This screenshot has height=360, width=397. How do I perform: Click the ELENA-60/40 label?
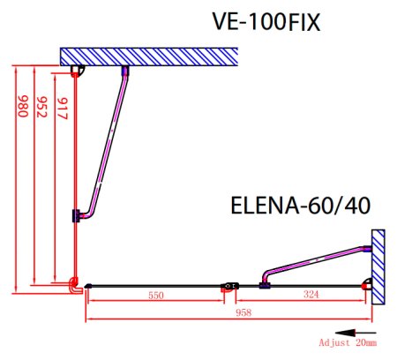[300, 206]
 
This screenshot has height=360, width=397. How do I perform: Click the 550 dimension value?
[157, 296]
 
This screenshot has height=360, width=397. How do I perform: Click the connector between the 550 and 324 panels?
[230, 285]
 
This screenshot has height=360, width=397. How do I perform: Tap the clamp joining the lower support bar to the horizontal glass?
[264, 284]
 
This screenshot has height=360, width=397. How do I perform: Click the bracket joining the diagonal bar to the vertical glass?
[78, 214]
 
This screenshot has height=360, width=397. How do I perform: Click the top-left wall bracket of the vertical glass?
[78, 71]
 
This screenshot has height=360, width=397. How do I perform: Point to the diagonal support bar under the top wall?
[105, 141]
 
